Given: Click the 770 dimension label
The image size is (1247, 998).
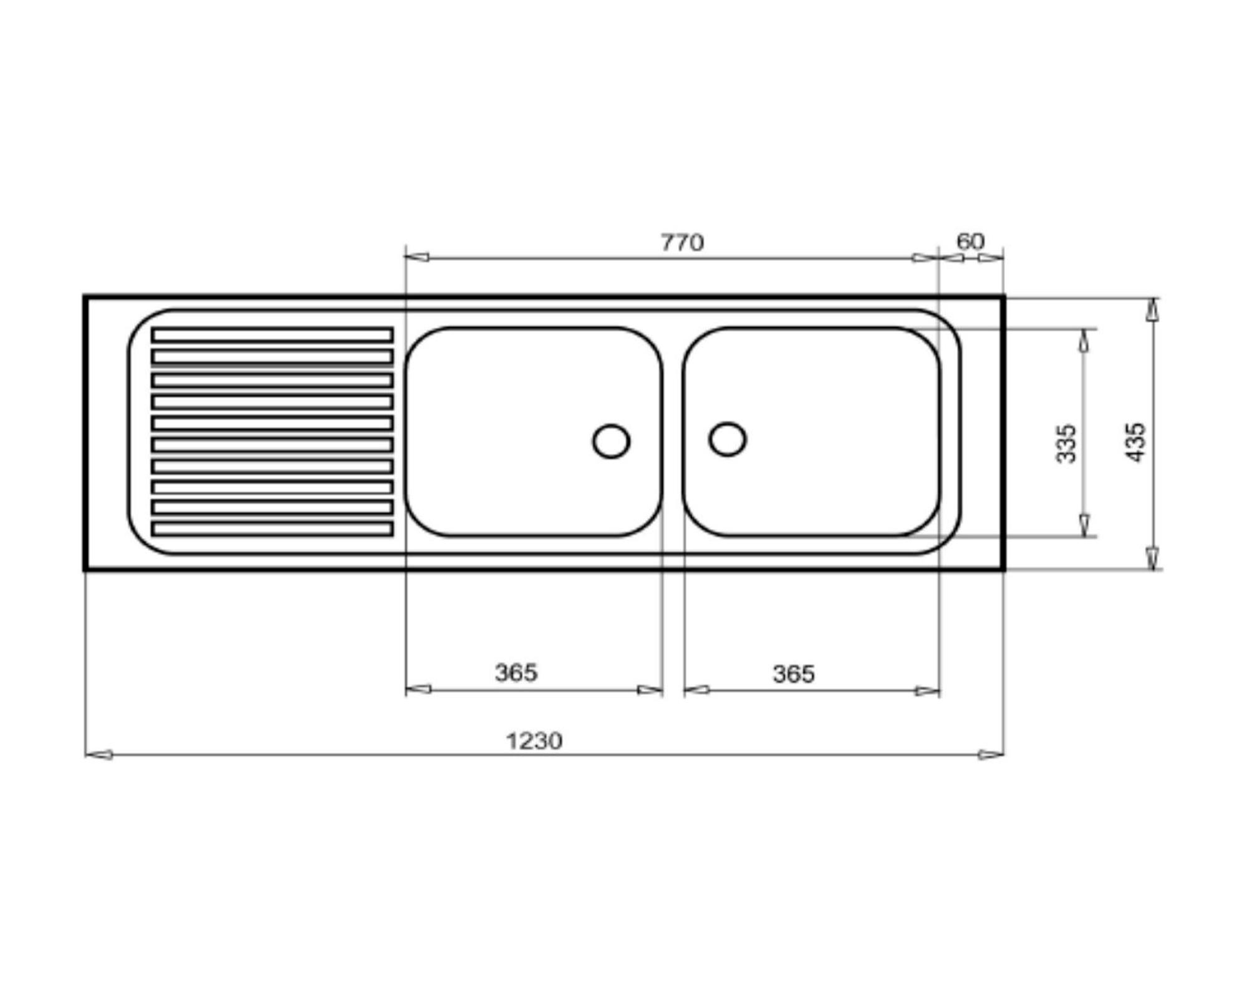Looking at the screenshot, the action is [682, 242].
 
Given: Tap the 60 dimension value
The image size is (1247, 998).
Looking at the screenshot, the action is [970, 241].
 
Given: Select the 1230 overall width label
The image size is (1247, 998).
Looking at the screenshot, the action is [534, 741].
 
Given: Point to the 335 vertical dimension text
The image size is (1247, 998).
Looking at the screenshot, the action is [1066, 443].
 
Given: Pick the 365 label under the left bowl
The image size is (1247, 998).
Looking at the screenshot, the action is [516, 672].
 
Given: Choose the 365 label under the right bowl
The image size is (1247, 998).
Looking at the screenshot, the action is [793, 674].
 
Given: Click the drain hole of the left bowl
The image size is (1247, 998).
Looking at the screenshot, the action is [611, 441].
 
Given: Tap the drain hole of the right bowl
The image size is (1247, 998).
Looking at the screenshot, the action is [728, 439].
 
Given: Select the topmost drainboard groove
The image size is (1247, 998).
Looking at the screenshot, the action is [272, 335].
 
